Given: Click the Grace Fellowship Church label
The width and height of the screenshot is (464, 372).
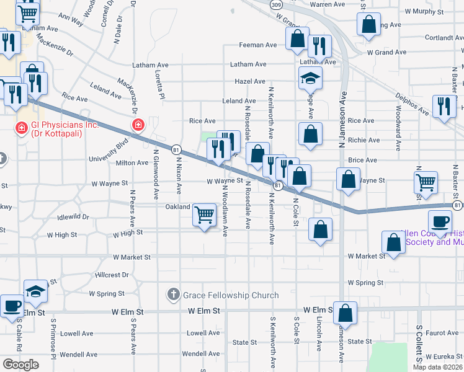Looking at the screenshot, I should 230,295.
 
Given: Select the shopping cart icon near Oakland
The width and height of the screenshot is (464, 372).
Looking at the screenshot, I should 205,215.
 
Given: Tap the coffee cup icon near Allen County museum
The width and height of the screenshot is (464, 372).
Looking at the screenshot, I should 441,221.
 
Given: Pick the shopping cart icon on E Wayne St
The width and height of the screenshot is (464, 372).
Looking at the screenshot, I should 426,182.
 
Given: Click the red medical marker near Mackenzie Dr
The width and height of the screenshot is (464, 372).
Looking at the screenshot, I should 138,126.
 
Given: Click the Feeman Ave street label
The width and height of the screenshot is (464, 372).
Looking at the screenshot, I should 259,45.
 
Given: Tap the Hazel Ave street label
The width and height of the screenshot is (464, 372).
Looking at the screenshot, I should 250,81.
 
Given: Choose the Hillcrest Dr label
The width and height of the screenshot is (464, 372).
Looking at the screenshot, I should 112,274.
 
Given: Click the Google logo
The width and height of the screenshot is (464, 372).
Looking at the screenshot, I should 20,365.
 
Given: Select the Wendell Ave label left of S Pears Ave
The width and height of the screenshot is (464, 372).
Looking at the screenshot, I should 79,355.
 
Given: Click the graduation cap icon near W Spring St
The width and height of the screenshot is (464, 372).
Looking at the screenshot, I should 36,291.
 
